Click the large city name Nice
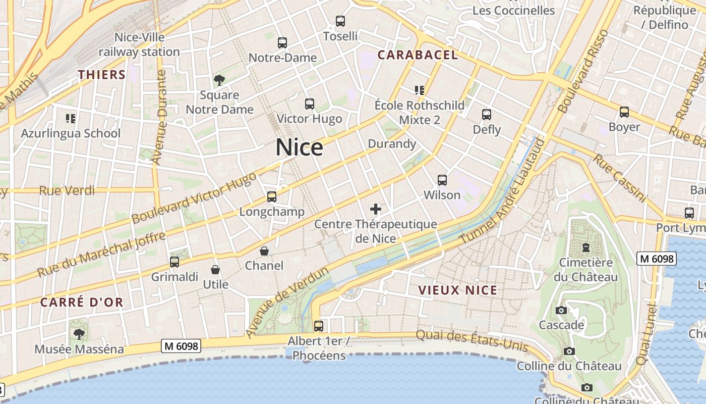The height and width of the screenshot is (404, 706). (x=299, y=147)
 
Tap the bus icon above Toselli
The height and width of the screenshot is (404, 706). (x=340, y=21)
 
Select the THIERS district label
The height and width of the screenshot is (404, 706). (x=102, y=75)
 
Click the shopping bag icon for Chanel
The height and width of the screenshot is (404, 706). (x=264, y=251)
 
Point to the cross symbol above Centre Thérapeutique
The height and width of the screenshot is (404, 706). (x=376, y=209)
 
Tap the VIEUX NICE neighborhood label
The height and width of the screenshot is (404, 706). (x=458, y=290)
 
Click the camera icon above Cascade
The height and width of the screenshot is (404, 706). (x=561, y=310)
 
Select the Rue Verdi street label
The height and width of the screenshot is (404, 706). (x=67, y=190)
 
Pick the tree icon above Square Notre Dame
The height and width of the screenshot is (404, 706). (x=219, y=80)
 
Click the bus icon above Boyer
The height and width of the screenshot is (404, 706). (x=624, y=112)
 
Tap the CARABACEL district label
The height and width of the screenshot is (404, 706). (x=418, y=55)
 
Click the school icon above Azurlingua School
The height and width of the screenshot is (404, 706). (x=71, y=119)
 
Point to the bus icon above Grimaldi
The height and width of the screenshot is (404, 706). (x=174, y=262)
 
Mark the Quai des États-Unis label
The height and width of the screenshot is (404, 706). (x=472, y=340)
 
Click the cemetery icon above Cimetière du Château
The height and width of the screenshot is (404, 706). (x=585, y=248)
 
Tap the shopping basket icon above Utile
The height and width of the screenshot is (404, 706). (x=215, y=270)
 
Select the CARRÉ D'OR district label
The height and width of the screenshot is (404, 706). (x=82, y=302)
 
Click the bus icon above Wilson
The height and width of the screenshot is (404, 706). (x=442, y=180)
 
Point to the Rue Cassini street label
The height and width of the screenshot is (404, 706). (x=619, y=178)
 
